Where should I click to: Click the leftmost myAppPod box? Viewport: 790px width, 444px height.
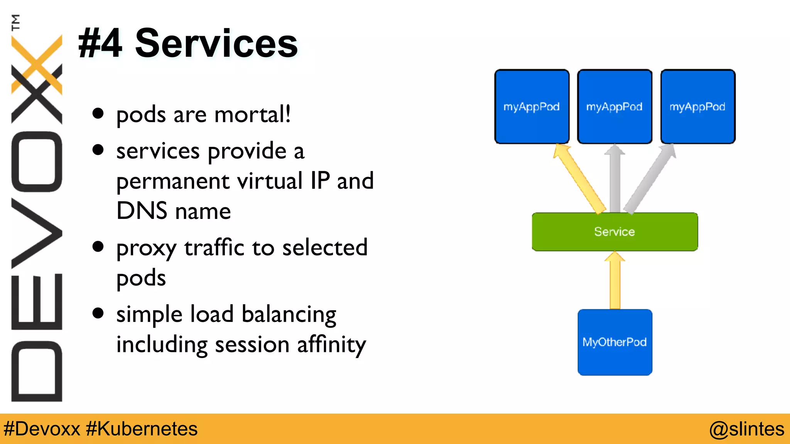click(532, 107)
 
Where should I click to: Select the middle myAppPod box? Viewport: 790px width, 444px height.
click(614, 107)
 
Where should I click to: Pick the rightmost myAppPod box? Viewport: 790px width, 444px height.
click(697, 107)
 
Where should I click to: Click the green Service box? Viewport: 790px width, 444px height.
click(614, 232)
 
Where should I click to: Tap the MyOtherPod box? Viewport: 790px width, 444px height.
click(614, 342)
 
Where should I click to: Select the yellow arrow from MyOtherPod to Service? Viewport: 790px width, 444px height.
click(615, 281)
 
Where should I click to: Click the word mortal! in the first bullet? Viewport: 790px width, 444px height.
click(252, 114)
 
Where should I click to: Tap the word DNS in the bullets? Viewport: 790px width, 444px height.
click(142, 211)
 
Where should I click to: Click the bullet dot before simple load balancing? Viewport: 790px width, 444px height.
click(98, 313)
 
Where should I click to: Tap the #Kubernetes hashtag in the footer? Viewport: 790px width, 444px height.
click(142, 429)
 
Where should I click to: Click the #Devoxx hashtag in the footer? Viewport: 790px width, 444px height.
click(42, 429)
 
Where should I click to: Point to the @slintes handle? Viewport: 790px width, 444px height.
click(746, 429)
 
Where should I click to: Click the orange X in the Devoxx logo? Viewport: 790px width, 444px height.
click(37, 64)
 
